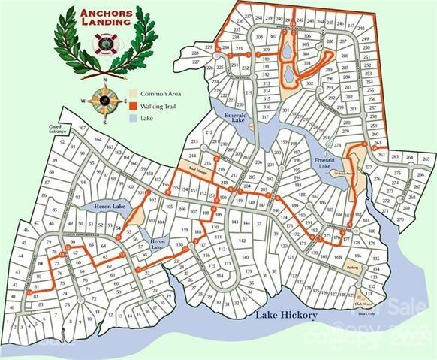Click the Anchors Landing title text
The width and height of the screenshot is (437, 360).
tap(105, 17)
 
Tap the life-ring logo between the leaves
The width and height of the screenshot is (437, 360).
tap(105, 44)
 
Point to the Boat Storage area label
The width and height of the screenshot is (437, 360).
tap(197, 169)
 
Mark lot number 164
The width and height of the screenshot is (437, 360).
tap(98, 139)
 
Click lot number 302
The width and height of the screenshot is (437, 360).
tap(309, 84)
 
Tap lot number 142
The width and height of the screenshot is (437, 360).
tap(242, 241)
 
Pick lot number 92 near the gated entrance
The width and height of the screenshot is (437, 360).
tap(62, 141)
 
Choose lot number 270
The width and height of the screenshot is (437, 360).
tap(400, 219)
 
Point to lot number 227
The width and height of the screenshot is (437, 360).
tap(194, 62)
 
